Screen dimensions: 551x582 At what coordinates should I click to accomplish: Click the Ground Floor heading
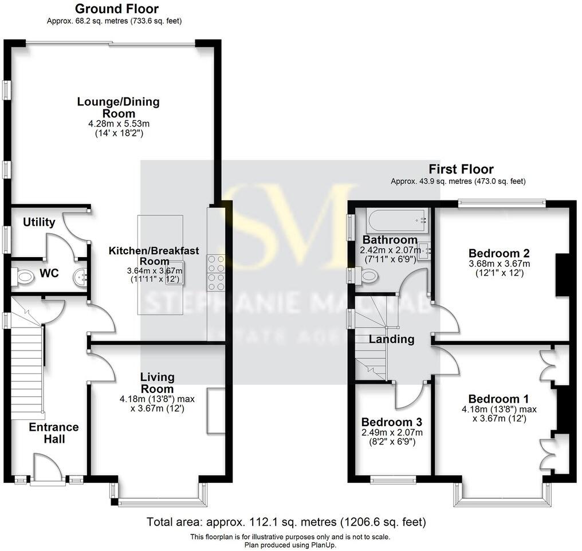coord(117,9)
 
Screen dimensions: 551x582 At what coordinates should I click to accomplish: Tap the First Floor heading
coord(462,169)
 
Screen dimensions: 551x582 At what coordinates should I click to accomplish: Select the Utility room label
coord(39,222)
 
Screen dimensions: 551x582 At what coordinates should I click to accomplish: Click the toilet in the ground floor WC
coord(23,277)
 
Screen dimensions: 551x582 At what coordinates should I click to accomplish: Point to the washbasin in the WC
coord(80,278)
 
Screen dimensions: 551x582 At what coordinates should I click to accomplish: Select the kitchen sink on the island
coord(173,272)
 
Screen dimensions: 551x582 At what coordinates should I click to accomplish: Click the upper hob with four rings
coord(216,263)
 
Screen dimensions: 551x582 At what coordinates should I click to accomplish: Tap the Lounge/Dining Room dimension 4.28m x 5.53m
coord(119,123)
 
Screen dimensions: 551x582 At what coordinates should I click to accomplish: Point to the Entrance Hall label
coord(54,433)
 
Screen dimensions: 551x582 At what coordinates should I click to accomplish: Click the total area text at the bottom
coord(286,522)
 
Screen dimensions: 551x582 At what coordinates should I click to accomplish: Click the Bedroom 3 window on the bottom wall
coord(393,480)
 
